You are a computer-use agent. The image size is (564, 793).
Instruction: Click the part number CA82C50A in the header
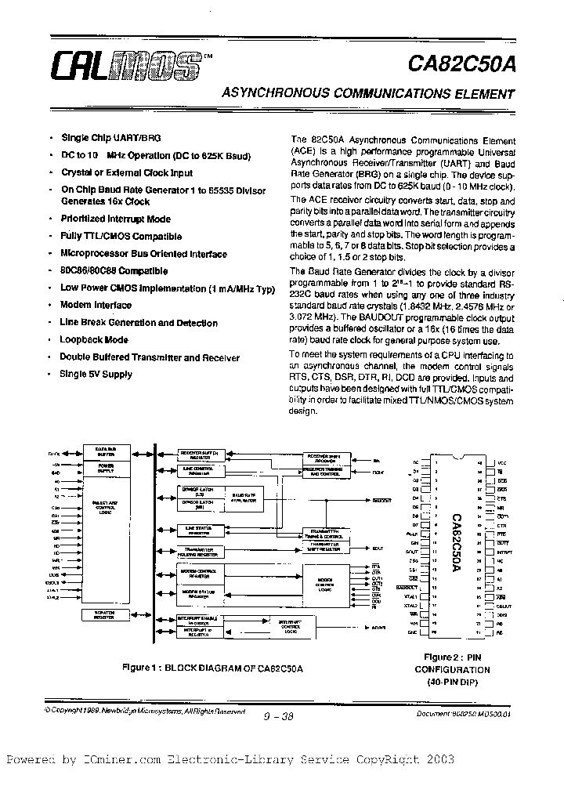coord(464,64)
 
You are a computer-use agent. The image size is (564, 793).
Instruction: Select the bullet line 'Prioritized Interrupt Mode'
coord(115,219)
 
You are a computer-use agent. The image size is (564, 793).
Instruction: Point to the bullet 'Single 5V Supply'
coord(96,375)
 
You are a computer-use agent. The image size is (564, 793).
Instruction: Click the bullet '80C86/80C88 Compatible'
coord(114,271)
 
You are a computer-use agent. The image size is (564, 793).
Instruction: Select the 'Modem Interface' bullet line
coord(96,306)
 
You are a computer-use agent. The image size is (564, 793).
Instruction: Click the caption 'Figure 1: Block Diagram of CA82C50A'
coord(212,668)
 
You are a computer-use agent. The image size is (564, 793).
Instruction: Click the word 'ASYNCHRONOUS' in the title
coord(280,95)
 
